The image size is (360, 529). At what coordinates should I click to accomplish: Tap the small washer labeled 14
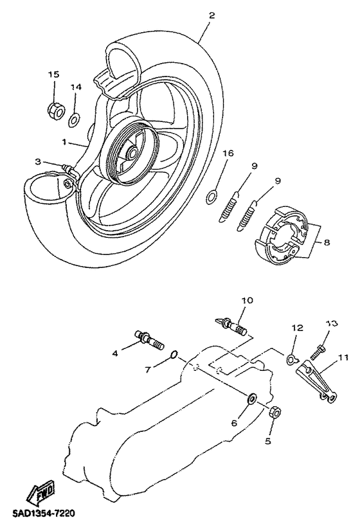[x=74, y=120]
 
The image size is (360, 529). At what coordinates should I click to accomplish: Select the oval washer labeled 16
[x=212, y=197]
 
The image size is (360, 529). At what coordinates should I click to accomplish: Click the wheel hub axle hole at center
[x=132, y=154]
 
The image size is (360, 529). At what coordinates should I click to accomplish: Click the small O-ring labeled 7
[x=174, y=355]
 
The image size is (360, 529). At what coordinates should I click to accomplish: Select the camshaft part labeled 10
[x=231, y=325]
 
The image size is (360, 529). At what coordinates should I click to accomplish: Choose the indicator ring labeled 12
[x=291, y=359]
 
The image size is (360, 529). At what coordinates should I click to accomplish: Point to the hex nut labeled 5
[x=275, y=411]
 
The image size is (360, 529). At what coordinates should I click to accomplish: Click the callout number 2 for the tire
[x=212, y=15]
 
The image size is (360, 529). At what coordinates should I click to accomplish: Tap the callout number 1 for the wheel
[x=64, y=142]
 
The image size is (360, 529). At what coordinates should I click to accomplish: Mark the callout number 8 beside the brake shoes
[x=327, y=242]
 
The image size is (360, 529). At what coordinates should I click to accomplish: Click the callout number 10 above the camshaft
[x=248, y=300]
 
